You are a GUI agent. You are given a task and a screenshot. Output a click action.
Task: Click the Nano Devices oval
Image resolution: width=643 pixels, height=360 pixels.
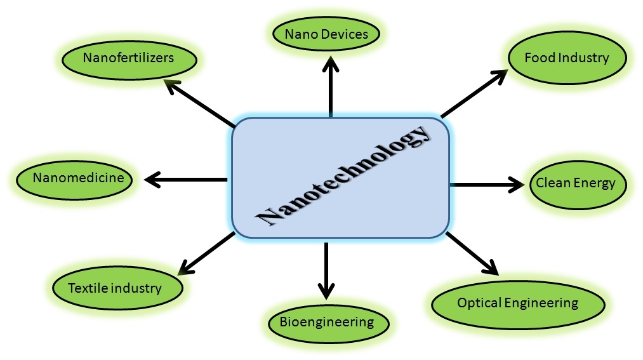(x=327, y=34)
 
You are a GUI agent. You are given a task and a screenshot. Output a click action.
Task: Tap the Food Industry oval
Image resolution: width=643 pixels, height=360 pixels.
(x=567, y=58)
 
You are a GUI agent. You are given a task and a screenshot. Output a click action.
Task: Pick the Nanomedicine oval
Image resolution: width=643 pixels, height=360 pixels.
(x=79, y=178)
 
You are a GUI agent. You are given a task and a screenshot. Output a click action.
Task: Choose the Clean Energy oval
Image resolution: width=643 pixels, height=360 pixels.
(x=576, y=184)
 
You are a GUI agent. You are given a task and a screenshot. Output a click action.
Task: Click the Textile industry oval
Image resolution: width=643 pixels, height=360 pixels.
(x=116, y=288)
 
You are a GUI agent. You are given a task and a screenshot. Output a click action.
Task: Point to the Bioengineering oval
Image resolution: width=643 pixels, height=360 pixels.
(x=327, y=322)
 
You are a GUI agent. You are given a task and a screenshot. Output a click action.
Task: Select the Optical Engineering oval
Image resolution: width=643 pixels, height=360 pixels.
(x=518, y=303)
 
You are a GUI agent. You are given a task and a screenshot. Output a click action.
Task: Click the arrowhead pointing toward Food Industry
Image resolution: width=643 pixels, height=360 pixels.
(x=499, y=75)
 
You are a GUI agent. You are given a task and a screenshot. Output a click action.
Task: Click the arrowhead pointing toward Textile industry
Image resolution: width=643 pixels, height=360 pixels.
(x=185, y=267)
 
